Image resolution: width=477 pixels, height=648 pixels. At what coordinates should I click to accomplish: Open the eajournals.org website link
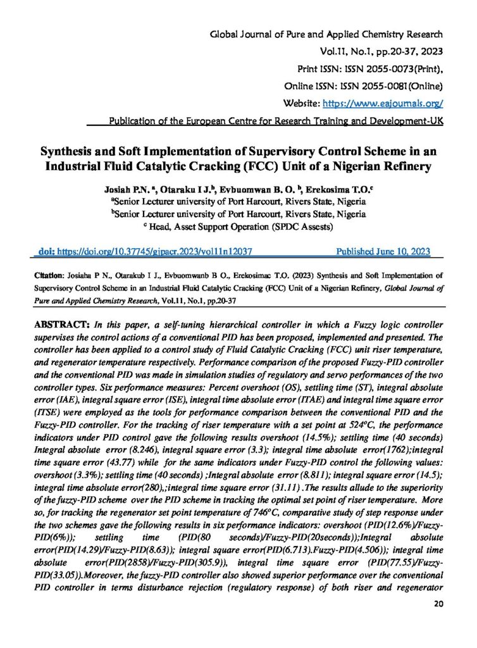point(383,102)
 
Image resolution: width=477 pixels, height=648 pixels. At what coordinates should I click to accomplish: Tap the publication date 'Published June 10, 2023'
point(383,251)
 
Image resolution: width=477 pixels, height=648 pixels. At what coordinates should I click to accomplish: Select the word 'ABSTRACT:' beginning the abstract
point(61,324)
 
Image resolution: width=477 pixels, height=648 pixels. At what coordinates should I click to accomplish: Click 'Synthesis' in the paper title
point(70,153)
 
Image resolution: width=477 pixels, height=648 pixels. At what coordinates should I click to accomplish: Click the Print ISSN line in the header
point(370,68)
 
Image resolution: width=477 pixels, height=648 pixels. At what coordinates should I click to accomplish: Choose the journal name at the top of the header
point(326,34)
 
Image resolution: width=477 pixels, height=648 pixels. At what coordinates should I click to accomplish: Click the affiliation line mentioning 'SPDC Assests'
point(238,225)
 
